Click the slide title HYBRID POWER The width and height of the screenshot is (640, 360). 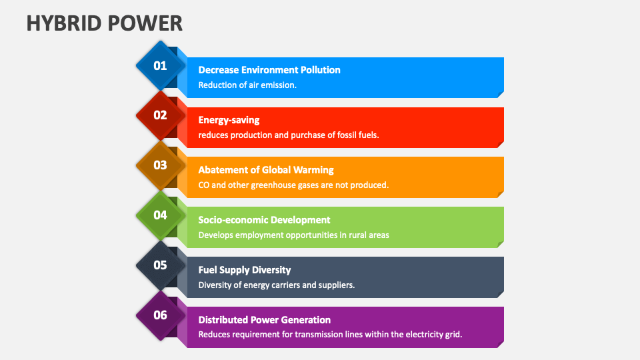coord(104,23)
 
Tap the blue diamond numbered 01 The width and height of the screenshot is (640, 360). coord(161,65)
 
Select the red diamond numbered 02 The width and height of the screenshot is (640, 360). coord(161,115)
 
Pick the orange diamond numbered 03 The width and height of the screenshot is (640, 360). coord(161,165)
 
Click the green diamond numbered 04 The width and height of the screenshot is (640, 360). coord(161,215)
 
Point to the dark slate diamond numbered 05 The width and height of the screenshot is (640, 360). coord(161,265)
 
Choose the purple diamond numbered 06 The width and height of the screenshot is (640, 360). coord(161,315)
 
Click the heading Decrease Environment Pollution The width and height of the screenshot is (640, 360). coord(269,70)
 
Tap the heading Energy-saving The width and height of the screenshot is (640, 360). coord(229,120)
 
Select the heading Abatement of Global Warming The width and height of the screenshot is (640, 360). coord(266,170)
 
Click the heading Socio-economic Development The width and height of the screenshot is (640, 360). coord(264,220)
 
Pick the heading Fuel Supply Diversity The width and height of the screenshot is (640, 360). coord(245,270)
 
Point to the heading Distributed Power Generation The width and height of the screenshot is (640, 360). coord(264,320)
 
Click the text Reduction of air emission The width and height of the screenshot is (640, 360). coord(247,85)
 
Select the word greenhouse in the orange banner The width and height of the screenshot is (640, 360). coord(274,185)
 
